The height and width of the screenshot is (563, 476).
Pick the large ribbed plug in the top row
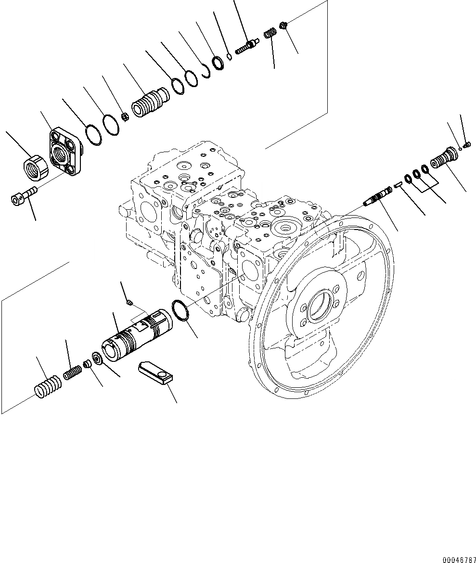pos(149,102)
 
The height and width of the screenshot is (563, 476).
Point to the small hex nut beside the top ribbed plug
pos(124,116)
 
